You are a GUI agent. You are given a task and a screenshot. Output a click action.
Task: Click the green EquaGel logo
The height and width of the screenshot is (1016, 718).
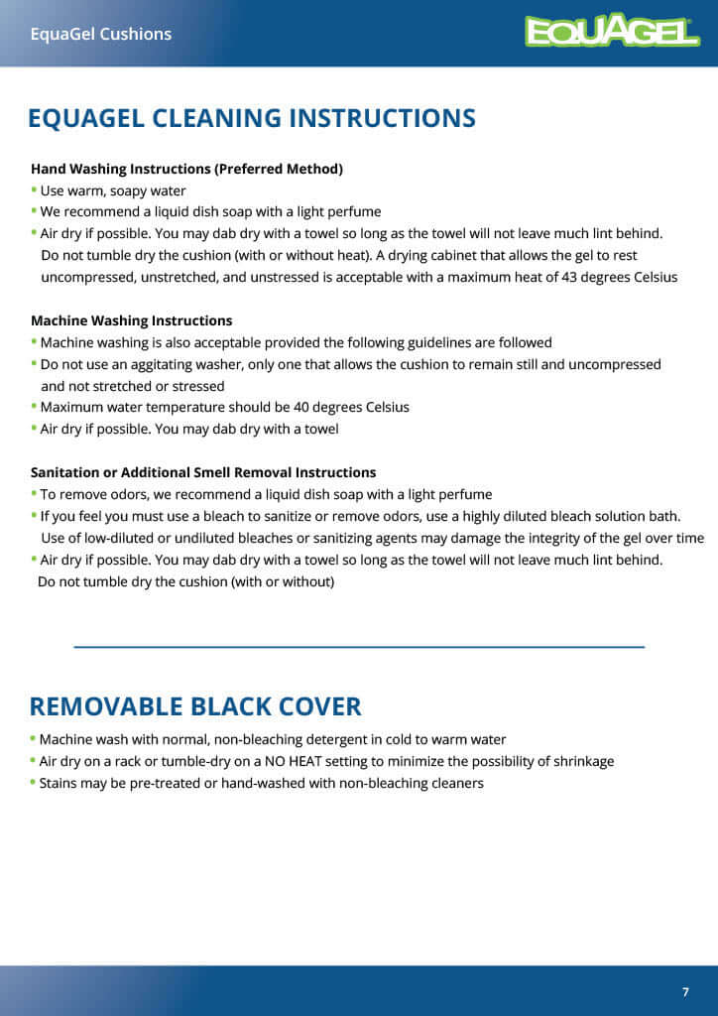point(612,32)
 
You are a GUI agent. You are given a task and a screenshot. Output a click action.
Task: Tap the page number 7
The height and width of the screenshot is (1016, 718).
point(685,992)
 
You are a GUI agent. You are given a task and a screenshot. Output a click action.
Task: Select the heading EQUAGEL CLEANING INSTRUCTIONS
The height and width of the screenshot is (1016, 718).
point(252,118)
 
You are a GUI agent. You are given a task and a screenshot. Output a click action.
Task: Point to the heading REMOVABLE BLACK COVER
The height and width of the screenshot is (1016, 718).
point(195,706)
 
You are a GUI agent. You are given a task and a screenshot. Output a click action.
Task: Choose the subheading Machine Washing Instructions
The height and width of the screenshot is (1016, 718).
point(132,320)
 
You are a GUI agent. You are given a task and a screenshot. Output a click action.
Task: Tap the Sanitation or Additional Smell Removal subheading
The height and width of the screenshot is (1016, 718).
point(203,472)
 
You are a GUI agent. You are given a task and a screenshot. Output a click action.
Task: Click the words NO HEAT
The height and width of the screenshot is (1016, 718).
point(295,761)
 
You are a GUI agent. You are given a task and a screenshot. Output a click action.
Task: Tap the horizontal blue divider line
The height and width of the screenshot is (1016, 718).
point(359,647)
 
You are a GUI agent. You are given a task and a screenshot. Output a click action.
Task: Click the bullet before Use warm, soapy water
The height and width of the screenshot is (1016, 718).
point(34,190)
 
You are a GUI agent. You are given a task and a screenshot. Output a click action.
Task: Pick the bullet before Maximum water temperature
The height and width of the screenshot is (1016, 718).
point(34,406)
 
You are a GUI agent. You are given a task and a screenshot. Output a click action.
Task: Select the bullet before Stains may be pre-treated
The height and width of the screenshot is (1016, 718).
point(34,782)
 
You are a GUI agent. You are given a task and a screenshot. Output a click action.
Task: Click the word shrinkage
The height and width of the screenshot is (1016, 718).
point(579,761)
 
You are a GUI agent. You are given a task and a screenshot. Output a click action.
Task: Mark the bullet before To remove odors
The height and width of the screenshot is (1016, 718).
point(34,493)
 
